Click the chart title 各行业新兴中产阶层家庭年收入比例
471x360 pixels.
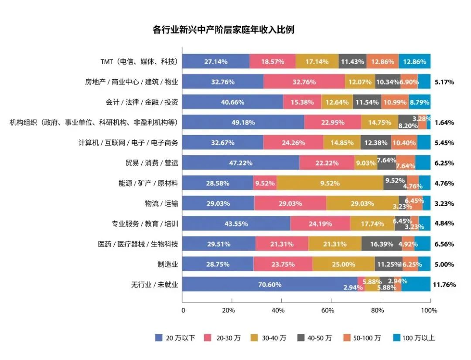[223, 30]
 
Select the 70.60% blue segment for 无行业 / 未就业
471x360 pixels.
[270, 285]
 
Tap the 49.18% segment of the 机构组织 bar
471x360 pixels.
[243, 122]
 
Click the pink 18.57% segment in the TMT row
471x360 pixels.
[273, 61]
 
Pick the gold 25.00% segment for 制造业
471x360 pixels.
[343, 264]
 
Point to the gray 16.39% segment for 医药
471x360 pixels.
[381, 244]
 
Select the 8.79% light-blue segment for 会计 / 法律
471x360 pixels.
[419, 102]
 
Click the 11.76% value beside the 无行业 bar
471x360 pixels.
[444, 285]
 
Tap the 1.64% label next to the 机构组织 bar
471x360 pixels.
[444, 122]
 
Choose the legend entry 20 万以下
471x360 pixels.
[175, 338]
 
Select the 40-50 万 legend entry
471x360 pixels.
[314, 338]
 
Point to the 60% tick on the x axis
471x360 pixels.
[328, 310]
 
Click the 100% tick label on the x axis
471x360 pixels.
[429, 310]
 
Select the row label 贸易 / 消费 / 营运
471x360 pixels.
[151, 163]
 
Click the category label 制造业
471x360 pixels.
[167, 264]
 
